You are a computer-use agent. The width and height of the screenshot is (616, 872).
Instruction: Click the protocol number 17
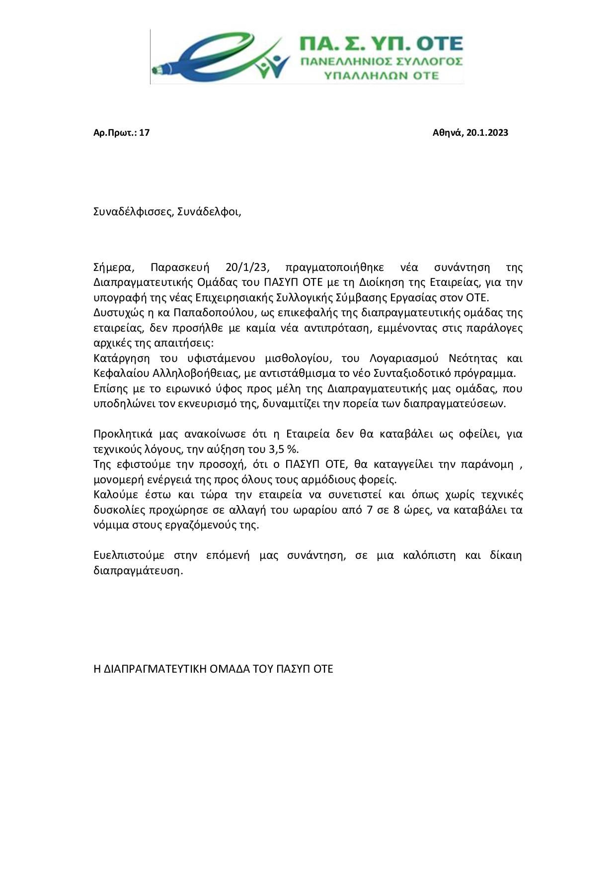pyautogui.click(x=145, y=133)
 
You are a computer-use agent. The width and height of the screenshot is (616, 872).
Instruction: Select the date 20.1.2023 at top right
pyautogui.click(x=487, y=133)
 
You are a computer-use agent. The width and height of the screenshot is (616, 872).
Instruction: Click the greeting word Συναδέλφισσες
pyautogui.click(x=133, y=212)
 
